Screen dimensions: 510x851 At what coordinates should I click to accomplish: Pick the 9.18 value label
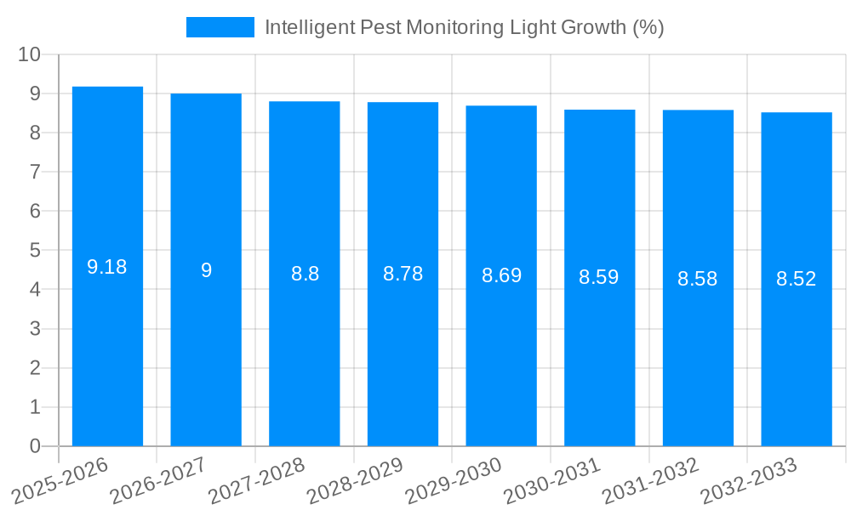pyautogui.click(x=107, y=267)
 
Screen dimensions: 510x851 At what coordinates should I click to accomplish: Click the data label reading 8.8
pyautogui.click(x=305, y=274)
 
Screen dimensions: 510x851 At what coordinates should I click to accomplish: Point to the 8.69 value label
pyautogui.click(x=501, y=275)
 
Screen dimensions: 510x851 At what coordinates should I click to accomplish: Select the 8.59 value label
pyautogui.click(x=599, y=277)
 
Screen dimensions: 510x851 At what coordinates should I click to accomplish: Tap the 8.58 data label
pyautogui.click(x=698, y=278)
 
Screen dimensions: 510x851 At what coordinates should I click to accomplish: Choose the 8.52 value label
pyautogui.click(x=797, y=279)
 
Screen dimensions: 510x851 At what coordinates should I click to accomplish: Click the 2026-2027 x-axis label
pyautogui.click(x=161, y=481)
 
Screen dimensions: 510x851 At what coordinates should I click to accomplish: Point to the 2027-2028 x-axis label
pyautogui.click(x=259, y=481)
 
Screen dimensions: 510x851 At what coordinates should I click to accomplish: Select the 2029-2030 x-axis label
pyautogui.click(x=455, y=481)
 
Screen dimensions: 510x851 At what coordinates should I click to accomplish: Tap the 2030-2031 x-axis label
pyautogui.click(x=554, y=481)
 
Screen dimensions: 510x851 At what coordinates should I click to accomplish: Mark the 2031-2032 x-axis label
pyautogui.click(x=652, y=481)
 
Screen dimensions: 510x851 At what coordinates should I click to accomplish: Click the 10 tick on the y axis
pyautogui.click(x=30, y=54)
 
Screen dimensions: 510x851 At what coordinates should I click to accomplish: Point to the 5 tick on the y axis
pyautogui.click(x=35, y=251)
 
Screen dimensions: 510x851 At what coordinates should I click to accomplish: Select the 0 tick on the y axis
pyautogui.click(x=35, y=446)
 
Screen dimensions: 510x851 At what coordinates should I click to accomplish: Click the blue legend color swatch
pyautogui.click(x=220, y=27)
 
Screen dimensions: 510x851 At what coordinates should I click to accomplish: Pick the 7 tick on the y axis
pyautogui.click(x=35, y=172)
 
